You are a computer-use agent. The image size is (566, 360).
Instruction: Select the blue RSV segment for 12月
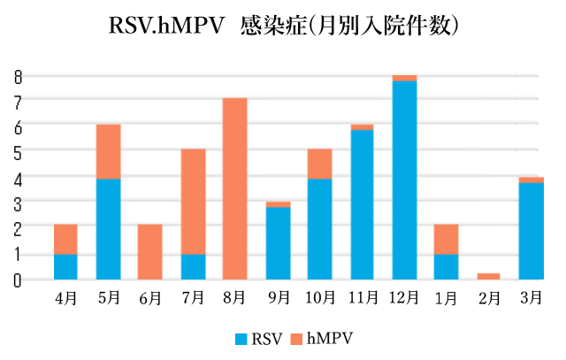click(x=404, y=180)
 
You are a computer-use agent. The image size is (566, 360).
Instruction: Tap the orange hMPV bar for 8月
click(x=234, y=188)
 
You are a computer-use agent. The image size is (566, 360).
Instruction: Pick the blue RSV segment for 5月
click(x=108, y=229)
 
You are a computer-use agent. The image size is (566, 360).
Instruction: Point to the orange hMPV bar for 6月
click(x=150, y=252)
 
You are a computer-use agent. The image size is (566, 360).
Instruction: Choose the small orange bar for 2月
click(x=488, y=276)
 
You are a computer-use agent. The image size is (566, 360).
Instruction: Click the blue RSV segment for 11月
click(x=362, y=204)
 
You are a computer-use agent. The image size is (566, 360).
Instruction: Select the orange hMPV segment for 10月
click(x=319, y=164)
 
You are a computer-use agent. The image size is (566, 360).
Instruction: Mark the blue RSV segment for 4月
click(x=65, y=266)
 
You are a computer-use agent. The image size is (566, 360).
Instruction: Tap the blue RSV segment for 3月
click(x=531, y=231)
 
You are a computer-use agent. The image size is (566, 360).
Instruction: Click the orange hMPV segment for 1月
click(x=446, y=240)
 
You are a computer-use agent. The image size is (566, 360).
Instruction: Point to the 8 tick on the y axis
click(x=17, y=76)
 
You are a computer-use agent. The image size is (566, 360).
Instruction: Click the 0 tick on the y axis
click(x=17, y=280)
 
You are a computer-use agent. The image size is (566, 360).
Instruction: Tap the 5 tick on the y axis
click(x=17, y=152)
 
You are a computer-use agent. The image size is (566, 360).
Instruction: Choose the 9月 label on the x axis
click(x=279, y=299)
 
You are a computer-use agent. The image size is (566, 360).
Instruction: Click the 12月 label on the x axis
click(x=404, y=299)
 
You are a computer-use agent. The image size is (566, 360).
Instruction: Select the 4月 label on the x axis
click(x=65, y=299)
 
